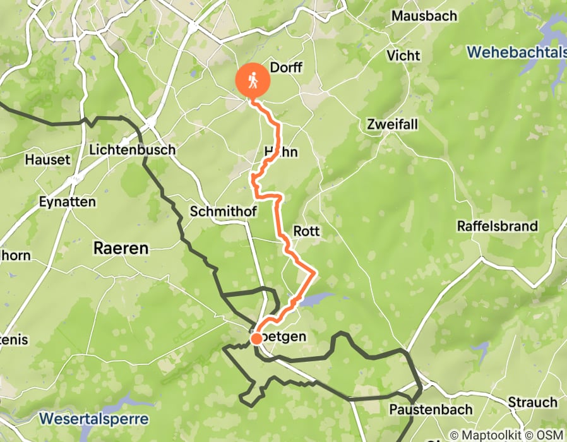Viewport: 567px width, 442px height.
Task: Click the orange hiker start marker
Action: [x=253, y=81]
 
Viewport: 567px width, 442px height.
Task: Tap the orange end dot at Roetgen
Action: [x=256, y=339]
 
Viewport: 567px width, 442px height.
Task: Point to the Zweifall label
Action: [x=392, y=124]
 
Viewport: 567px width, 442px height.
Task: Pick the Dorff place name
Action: [x=286, y=68]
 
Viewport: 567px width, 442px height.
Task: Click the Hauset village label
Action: [x=47, y=160]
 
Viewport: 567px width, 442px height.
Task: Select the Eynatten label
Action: [x=66, y=202]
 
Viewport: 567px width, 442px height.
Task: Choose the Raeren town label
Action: [x=121, y=248]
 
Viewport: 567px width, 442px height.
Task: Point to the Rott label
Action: [x=306, y=231]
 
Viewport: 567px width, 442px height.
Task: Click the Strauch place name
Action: [x=532, y=402]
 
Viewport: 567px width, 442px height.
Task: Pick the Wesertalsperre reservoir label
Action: [x=93, y=419]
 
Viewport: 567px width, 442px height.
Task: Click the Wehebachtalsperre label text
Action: [x=517, y=52]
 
